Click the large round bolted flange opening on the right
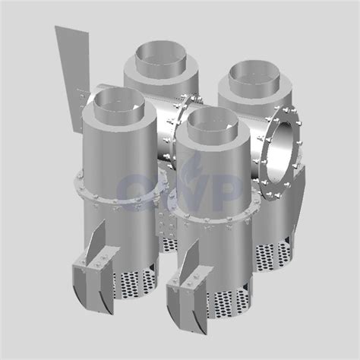[x=283, y=144]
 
